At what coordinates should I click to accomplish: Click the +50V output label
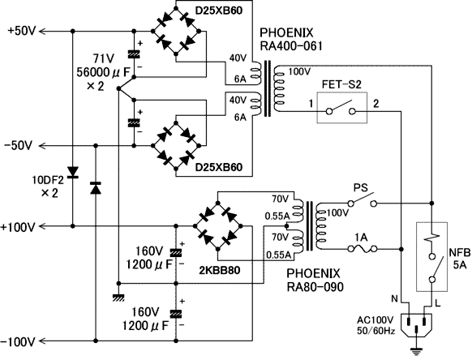22,31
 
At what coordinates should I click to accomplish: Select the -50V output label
18,146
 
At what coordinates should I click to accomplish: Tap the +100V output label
19,227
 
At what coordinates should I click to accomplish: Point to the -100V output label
19,341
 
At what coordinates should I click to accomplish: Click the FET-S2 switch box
342,108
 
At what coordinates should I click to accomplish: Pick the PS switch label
361,188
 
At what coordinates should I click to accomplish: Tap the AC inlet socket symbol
416,326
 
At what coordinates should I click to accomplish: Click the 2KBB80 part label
220,271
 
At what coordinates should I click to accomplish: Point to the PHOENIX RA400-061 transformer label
291,39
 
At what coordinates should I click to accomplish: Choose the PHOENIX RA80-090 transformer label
315,281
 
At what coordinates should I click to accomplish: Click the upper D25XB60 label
219,11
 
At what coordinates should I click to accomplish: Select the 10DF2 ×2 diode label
48,186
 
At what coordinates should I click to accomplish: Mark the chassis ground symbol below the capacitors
118,298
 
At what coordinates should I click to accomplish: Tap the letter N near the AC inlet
394,298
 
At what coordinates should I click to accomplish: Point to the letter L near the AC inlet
438,303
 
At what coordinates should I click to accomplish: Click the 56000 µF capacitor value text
104,72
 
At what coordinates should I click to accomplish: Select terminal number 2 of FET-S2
376,104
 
